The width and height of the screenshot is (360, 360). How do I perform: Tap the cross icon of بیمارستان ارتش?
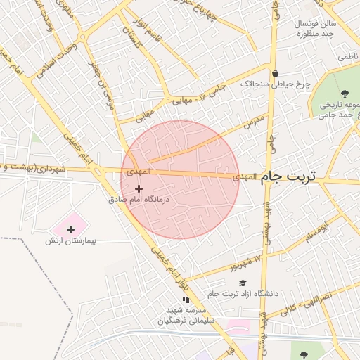[70, 229]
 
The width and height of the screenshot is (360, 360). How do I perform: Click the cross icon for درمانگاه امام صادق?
[139, 188]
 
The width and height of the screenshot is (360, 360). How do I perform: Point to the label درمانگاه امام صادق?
[140, 200]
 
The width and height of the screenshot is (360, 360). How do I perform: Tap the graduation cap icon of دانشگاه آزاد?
[243, 283]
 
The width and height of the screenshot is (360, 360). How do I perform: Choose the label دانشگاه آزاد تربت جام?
[243, 293]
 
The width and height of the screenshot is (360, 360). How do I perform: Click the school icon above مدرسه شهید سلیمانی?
[186, 300]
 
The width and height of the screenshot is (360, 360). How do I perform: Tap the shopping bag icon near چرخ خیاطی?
[275, 73]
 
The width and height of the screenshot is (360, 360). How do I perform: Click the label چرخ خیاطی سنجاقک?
[275, 84]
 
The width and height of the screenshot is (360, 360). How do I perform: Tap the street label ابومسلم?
[318, 231]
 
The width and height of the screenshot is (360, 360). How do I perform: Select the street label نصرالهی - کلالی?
[309, 303]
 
